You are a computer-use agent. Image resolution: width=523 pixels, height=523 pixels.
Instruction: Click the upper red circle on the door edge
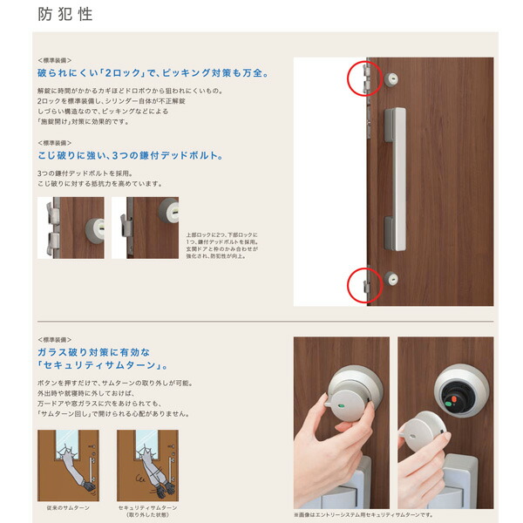pyautogui.click(x=362, y=78)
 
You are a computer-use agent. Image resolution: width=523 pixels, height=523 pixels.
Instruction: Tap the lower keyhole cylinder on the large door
pyautogui.click(x=391, y=280)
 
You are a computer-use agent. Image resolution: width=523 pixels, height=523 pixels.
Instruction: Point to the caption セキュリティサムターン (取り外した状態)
pyautogui.click(x=147, y=510)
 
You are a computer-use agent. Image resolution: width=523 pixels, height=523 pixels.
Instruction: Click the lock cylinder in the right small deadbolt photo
pyautogui.click(x=166, y=211)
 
